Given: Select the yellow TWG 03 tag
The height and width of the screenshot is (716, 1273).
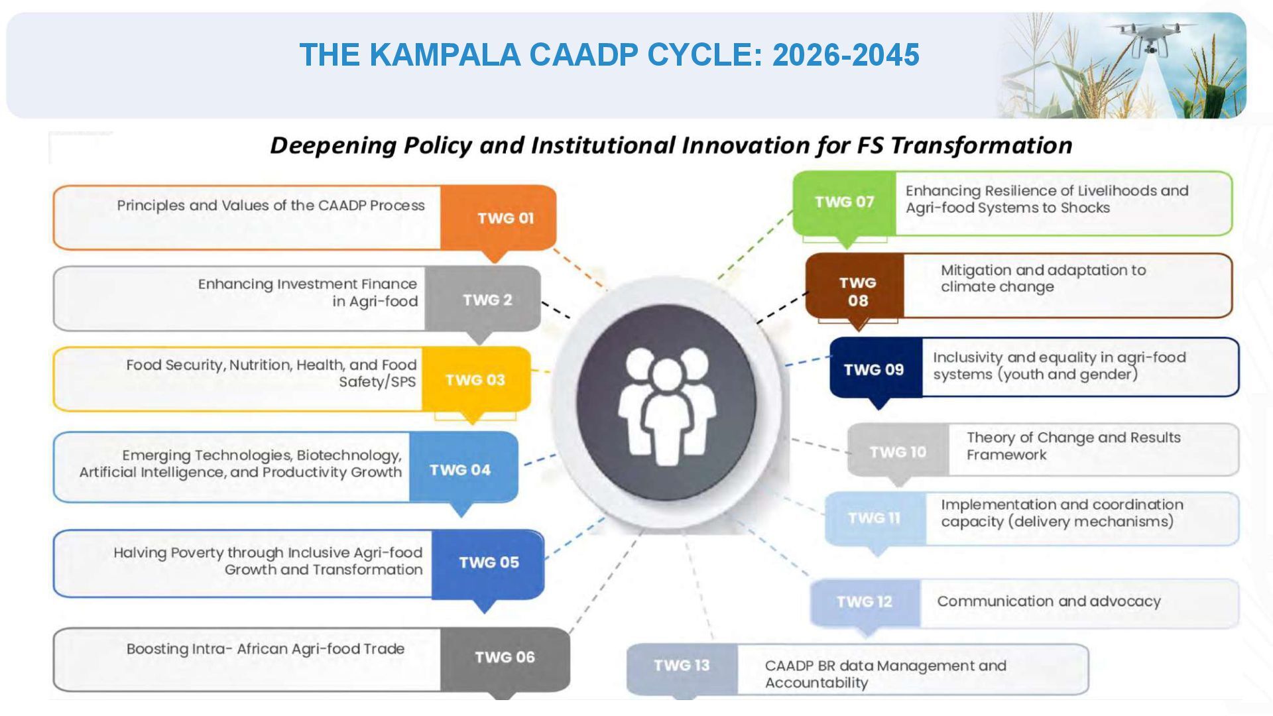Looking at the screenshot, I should click(x=475, y=380).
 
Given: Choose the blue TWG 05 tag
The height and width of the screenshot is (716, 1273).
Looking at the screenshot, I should click(x=488, y=563).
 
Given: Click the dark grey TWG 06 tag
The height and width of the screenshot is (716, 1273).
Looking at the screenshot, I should click(x=505, y=658).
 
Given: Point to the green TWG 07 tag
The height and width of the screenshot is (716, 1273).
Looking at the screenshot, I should click(x=844, y=202).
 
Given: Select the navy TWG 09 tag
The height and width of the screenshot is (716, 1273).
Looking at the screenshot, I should click(x=875, y=369).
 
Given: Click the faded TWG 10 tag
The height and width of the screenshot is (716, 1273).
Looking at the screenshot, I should click(x=898, y=451).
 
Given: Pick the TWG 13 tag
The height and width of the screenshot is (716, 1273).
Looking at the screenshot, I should click(x=682, y=666).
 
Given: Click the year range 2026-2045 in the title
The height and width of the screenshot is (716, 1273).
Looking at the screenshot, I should click(x=845, y=54).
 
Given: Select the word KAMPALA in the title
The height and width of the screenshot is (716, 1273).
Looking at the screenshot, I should click(x=444, y=54).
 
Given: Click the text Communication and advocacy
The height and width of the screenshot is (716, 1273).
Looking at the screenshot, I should click(x=1048, y=601).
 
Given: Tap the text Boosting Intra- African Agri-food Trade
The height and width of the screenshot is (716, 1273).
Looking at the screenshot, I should click(x=265, y=649).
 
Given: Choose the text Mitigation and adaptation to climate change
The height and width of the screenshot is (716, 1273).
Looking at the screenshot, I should click(x=1043, y=278).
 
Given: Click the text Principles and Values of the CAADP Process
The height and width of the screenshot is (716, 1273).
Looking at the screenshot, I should click(x=271, y=206).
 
